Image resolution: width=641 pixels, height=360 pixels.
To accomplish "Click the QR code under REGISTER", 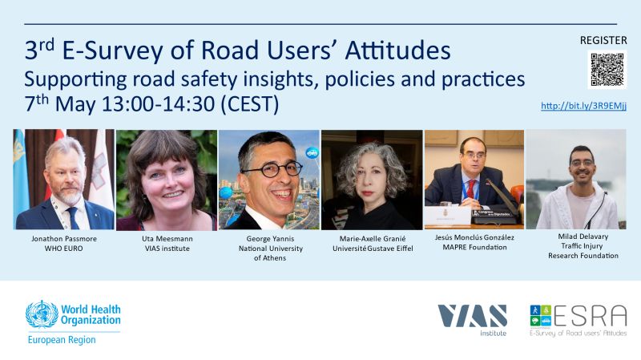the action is [x=607, y=70].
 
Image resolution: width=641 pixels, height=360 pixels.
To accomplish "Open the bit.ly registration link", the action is [x=583, y=106].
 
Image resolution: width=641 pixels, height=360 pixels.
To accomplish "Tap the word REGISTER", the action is [x=603, y=40].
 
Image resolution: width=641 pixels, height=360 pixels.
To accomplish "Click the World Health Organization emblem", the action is [x=42, y=314].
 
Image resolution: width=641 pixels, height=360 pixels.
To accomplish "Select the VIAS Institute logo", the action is [x=473, y=320].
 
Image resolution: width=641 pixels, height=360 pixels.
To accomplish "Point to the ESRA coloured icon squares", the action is [x=540, y=315].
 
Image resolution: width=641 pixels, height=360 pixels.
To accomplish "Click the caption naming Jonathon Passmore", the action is [x=64, y=238].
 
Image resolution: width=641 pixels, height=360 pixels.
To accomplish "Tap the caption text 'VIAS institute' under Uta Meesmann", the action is [x=167, y=249].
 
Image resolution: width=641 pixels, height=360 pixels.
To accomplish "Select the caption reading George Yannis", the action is [x=270, y=238].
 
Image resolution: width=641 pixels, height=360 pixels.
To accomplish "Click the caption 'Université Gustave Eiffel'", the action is [x=373, y=249].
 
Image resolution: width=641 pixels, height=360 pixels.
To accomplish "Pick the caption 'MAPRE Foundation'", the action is [x=474, y=247].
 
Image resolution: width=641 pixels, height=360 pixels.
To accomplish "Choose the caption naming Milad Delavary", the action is [x=583, y=236].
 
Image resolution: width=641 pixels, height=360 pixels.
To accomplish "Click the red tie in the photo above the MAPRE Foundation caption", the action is [x=471, y=189].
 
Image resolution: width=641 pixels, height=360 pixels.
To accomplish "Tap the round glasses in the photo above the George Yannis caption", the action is [x=272, y=169].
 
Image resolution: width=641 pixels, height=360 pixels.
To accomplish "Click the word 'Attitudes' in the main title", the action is [x=397, y=51].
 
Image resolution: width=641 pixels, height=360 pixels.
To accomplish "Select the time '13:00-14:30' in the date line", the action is [x=158, y=103].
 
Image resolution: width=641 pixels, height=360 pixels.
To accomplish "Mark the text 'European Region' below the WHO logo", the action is [x=62, y=340].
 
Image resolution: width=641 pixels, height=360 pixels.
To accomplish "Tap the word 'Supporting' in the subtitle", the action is [x=75, y=79].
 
